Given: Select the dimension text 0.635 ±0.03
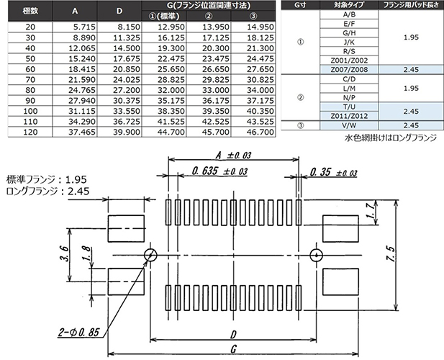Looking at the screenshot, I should click(220, 171).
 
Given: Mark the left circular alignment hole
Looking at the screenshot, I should click(151, 254).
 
